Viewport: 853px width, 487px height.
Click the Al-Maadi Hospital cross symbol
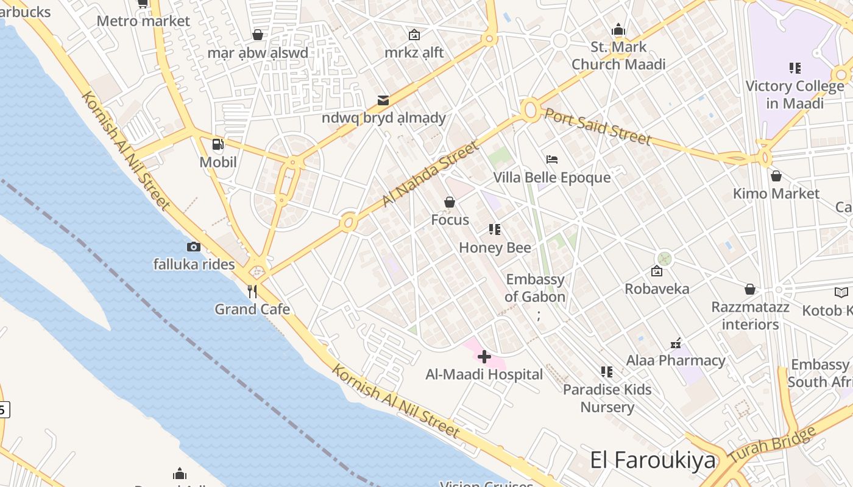pos(484,356)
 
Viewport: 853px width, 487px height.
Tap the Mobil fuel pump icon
pos(218,144)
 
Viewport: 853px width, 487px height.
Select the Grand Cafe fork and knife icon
pos(252,292)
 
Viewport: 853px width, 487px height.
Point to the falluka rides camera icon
pos(194,247)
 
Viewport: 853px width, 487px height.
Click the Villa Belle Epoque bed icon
pos(552,159)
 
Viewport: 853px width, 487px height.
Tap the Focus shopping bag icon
pos(450,202)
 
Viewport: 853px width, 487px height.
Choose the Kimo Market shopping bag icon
pos(776,176)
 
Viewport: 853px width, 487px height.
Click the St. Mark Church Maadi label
pos(618,55)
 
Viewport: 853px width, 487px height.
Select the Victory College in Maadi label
pos(795,94)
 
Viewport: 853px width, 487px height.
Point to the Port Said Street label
pos(598,127)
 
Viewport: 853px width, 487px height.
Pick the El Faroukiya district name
pos(653,460)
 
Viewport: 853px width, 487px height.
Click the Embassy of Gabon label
pos(536,289)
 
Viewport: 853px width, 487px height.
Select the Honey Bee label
pos(495,248)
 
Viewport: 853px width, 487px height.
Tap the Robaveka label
pos(657,289)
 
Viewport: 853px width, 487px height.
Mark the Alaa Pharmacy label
pos(676,360)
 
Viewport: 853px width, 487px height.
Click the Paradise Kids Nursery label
pos(607,398)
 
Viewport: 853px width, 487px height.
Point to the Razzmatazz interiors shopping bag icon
pos(750,289)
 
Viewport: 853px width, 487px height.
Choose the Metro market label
pos(143,21)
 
